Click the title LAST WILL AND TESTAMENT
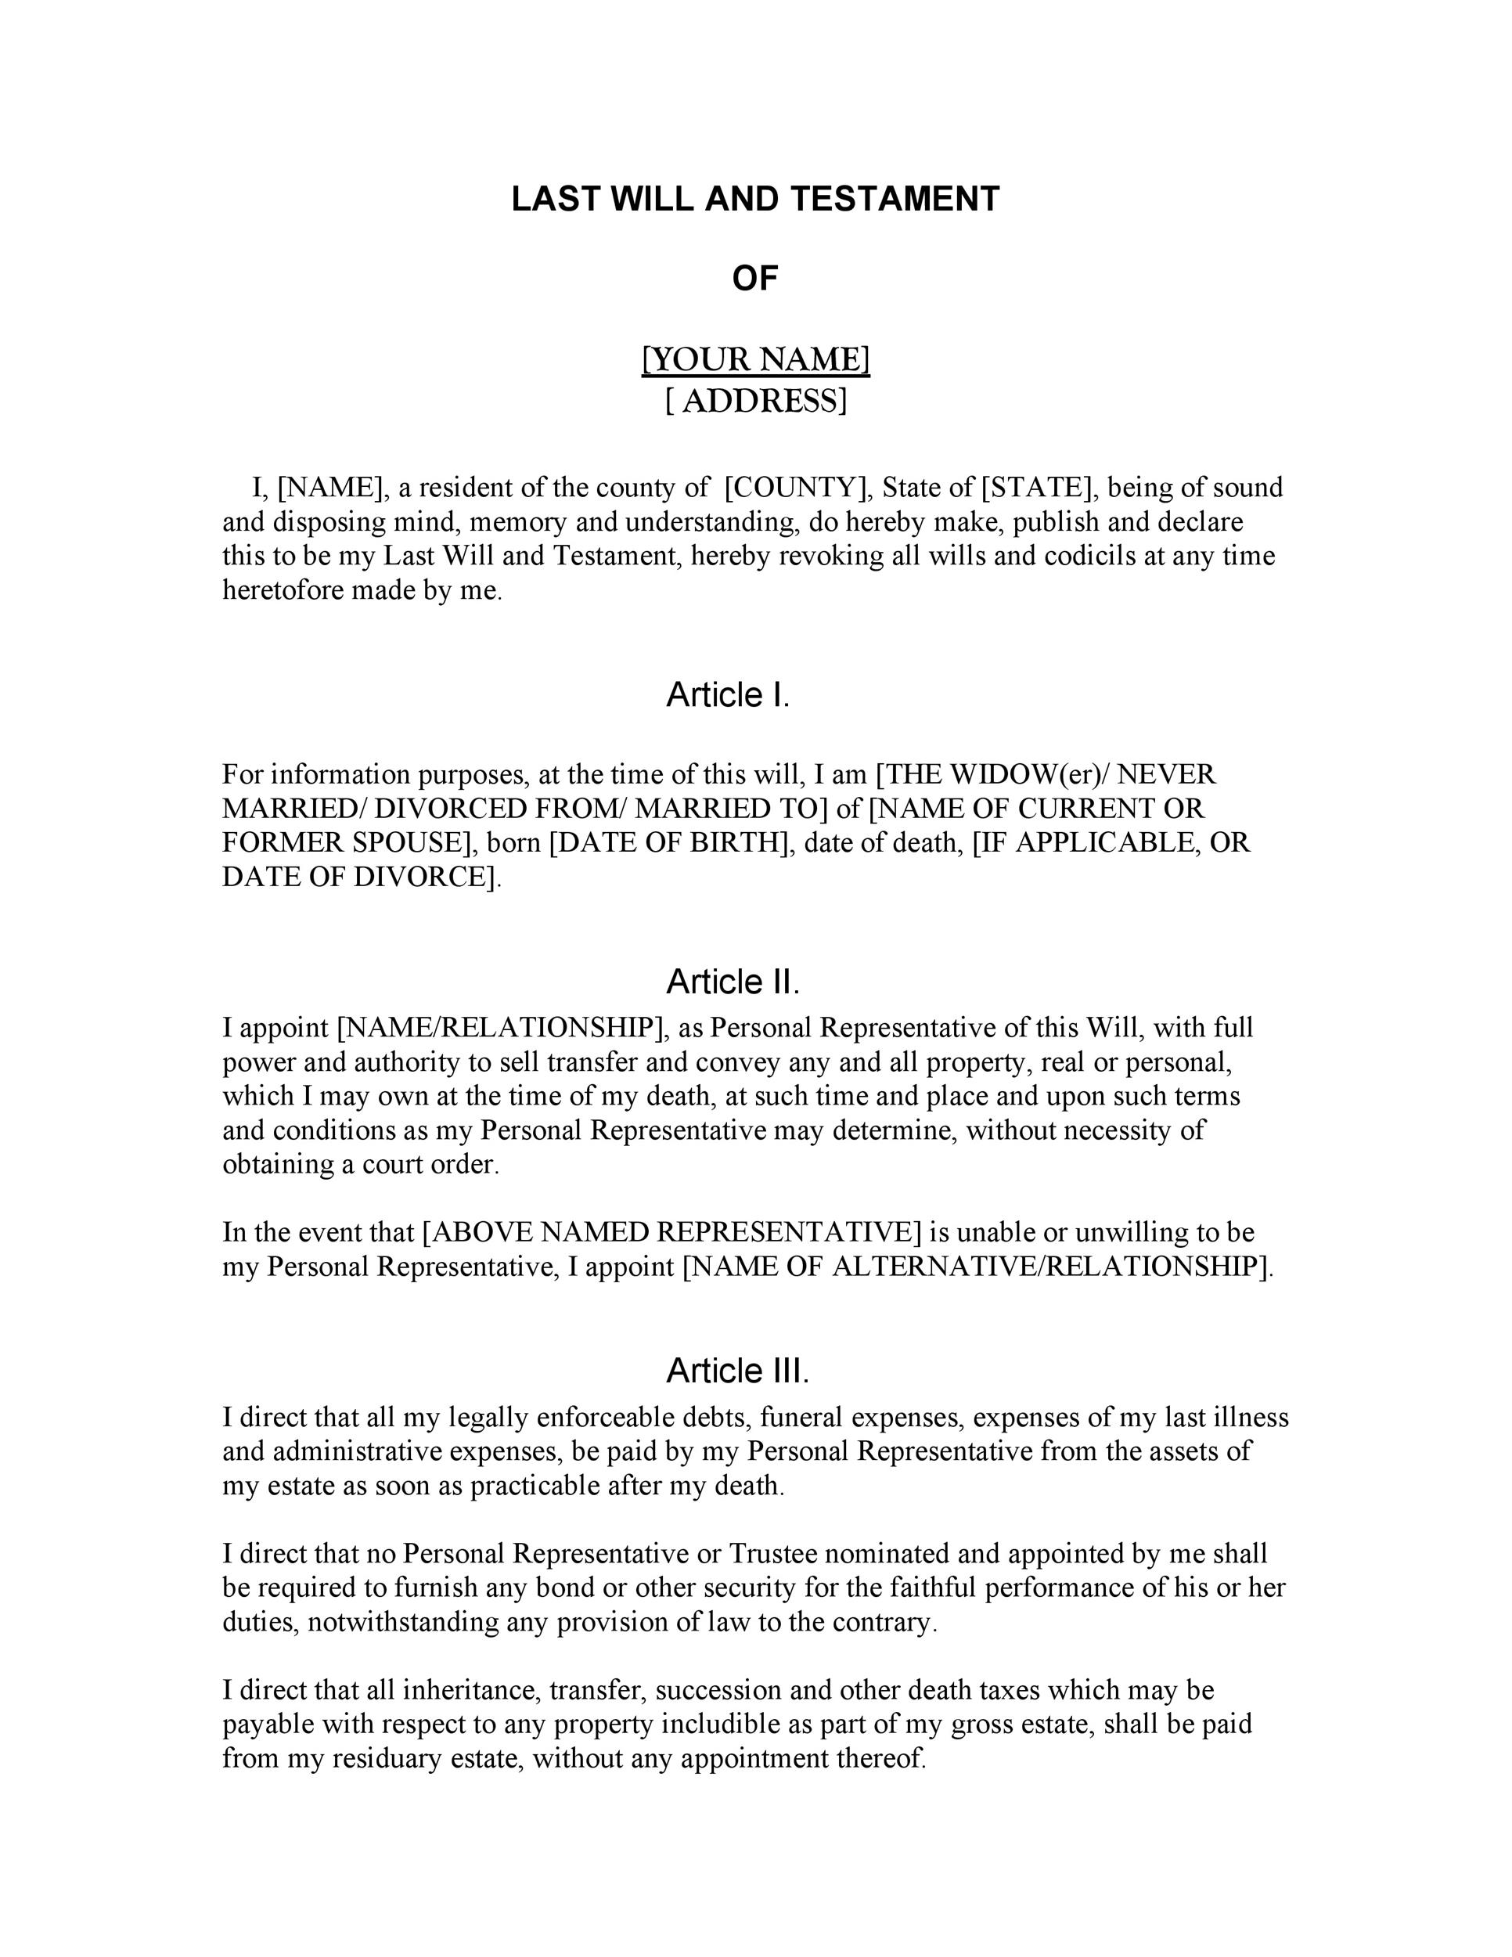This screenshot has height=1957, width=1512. pos(755,199)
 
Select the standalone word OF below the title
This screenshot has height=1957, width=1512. pos(755,279)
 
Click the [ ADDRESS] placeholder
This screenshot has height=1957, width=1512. pos(755,401)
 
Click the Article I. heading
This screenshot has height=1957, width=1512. pos(727,694)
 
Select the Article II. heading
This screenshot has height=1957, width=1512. pos(732,982)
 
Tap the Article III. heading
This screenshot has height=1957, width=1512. pos(737,1370)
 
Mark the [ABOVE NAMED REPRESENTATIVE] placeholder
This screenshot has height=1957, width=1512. pos(671,1232)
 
